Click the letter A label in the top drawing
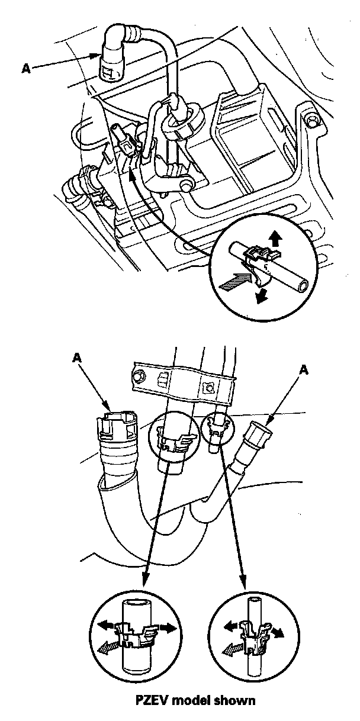(26, 68)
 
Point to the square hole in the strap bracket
(208, 388)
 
